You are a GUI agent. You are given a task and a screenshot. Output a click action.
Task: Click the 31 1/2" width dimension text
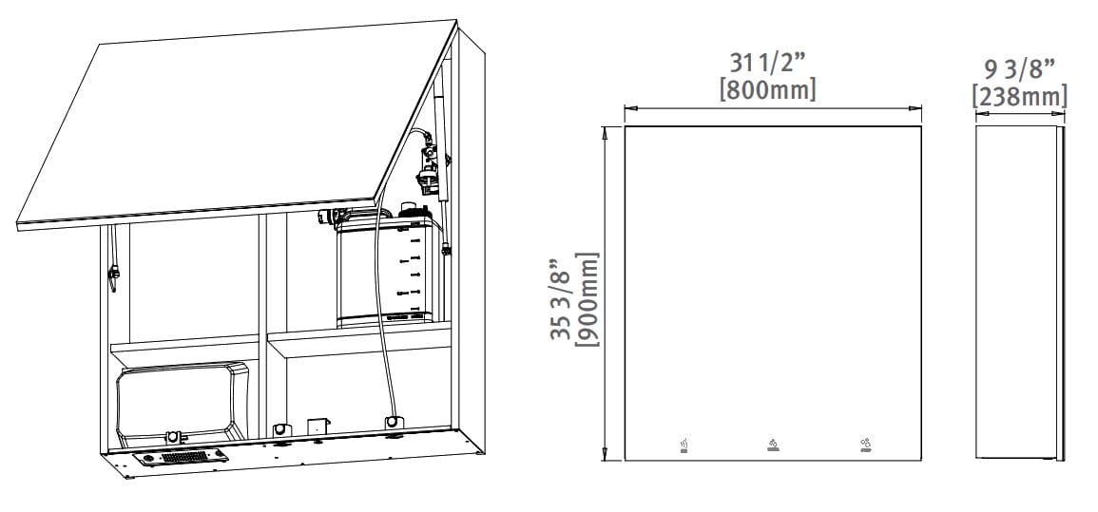768,64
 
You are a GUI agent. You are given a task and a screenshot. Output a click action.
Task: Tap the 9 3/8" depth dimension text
1019,69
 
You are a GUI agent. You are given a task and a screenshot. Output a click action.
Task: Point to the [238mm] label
1019,97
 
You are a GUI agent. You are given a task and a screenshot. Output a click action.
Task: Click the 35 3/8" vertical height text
561,299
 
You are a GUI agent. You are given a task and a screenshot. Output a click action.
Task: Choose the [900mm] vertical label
587,299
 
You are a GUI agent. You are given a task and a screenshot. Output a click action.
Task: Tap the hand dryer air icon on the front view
684,446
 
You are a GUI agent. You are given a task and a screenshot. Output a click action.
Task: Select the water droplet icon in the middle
772,446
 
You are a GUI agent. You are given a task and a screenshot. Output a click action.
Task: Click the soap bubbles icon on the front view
865,446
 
